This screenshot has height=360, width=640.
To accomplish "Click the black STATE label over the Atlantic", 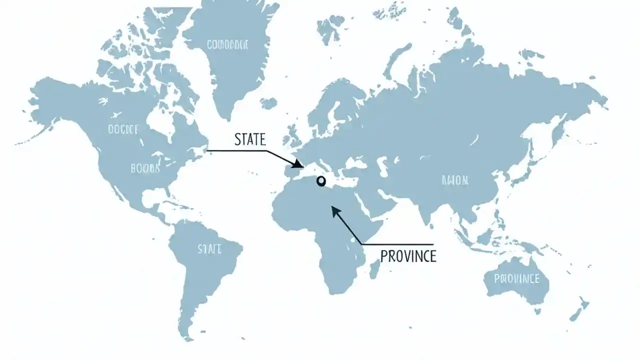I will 250,139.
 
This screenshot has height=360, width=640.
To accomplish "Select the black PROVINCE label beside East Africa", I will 408,255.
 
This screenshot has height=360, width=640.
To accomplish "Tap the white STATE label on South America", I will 209,248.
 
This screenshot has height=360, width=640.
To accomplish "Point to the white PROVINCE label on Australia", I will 516,278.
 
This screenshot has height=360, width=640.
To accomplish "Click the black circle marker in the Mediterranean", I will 321,181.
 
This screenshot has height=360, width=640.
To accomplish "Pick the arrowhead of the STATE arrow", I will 299,164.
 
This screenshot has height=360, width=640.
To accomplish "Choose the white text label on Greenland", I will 227,45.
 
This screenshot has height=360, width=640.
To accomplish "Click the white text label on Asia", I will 455,180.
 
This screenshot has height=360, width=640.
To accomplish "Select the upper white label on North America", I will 123,129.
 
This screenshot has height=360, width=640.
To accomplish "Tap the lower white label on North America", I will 145,168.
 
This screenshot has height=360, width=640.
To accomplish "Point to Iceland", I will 268,103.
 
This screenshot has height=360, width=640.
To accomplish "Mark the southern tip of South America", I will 188,338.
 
